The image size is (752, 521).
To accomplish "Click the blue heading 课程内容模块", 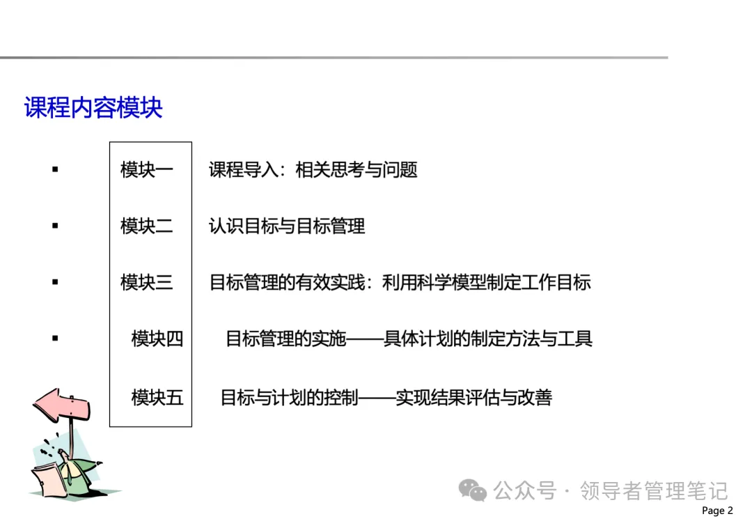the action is pyautogui.click(x=93, y=109).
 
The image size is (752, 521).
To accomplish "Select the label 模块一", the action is pyautogui.click(x=146, y=170).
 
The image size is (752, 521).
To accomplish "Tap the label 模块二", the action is pyautogui.click(x=146, y=226).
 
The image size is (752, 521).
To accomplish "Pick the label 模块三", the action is pyautogui.click(x=146, y=283).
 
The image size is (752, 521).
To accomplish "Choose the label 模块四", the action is pyautogui.click(x=157, y=339).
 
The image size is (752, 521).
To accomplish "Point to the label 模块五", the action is pyautogui.click(x=157, y=398).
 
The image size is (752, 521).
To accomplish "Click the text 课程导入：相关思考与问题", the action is pyautogui.click(x=313, y=170).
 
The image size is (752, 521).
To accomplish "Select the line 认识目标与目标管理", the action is pyautogui.click(x=287, y=226).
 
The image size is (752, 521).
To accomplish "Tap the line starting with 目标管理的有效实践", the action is pyautogui.click(x=400, y=283).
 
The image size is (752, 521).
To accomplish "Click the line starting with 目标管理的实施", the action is pyautogui.click(x=409, y=339).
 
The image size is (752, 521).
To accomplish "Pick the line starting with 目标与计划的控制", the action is pyautogui.click(x=386, y=398).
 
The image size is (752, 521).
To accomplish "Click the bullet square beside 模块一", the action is pyautogui.click(x=55, y=169).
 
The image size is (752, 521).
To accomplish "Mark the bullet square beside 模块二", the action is pyautogui.click(x=55, y=226).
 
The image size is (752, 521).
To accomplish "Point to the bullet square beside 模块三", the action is pyautogui.click(x=55, y=282).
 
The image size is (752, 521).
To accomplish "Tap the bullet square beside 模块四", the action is pyautogui.click(x=55, y=339).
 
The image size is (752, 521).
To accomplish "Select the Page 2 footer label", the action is pyautogui.click(x=717, y=511).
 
